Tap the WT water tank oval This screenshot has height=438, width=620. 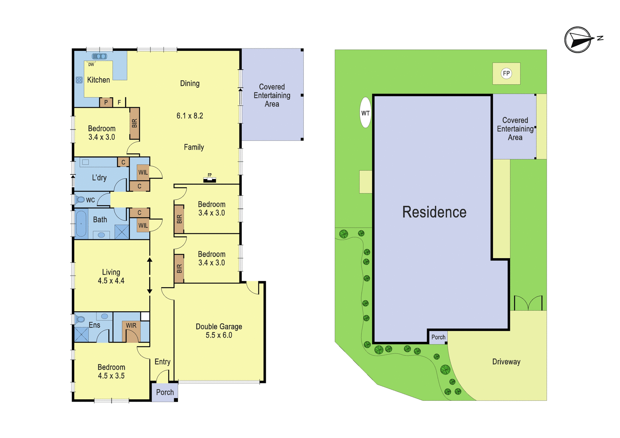[366, 112]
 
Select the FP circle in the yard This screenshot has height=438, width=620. [506, 73]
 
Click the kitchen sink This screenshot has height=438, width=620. [99, 57]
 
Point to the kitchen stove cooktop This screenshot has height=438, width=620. [79, 80]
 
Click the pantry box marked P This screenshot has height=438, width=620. [106, 102]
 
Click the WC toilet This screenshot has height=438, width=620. [80, 199]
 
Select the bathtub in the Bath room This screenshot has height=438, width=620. [81, 223]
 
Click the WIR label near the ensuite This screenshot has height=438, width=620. [131, 326]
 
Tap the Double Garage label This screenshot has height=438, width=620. [219, 327]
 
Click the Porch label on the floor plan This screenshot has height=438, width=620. [165, 392]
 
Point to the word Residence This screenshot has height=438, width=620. [434, 212]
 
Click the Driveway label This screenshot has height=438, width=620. [506, 362]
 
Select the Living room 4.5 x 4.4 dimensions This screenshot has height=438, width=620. [111, 281]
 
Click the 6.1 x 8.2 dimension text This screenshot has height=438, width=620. [190, 116]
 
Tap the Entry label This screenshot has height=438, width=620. [162, 362]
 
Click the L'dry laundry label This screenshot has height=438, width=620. [99, 178]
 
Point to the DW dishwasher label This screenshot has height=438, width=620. [91, 65]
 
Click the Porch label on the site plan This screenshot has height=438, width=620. [438, 337]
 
